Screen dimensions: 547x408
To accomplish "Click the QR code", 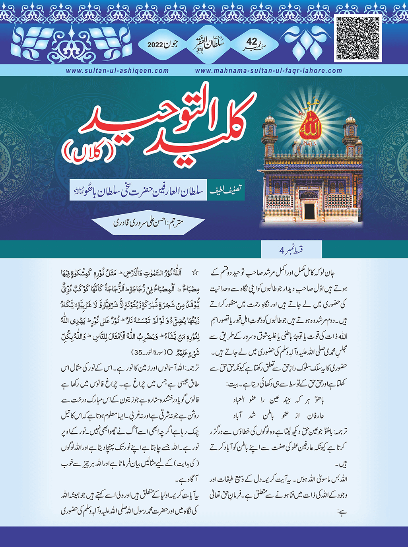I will [357, 38].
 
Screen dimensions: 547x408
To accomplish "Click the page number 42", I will [252, 42].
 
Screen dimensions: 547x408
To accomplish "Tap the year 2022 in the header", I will [155, 45].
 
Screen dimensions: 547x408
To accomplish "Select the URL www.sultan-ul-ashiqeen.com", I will [117, 70].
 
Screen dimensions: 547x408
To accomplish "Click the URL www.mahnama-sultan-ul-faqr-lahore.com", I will [268, 70].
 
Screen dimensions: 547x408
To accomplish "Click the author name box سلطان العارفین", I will [138, 191].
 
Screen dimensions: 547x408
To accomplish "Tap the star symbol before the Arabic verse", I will [195, 273].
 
